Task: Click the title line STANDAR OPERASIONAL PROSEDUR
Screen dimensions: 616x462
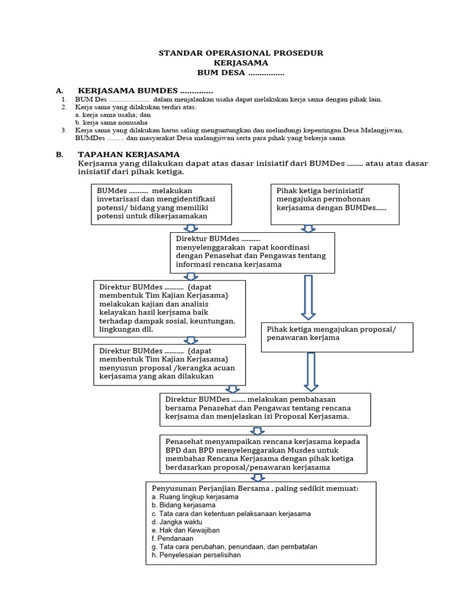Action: click(x=241, y=53)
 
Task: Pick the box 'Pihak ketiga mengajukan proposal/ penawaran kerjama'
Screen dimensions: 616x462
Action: click(x=337, y=337)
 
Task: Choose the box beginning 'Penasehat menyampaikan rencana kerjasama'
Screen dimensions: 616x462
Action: click(x=263, y=454)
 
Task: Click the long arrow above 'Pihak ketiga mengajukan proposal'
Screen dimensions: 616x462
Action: click(x=308, y=297)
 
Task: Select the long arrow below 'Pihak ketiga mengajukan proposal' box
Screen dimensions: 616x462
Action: click(x=311, y=372)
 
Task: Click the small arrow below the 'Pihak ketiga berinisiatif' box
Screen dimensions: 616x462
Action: click(x=308, y=229)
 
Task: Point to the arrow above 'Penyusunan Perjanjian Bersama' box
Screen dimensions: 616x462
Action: click(x=258, y=478)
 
